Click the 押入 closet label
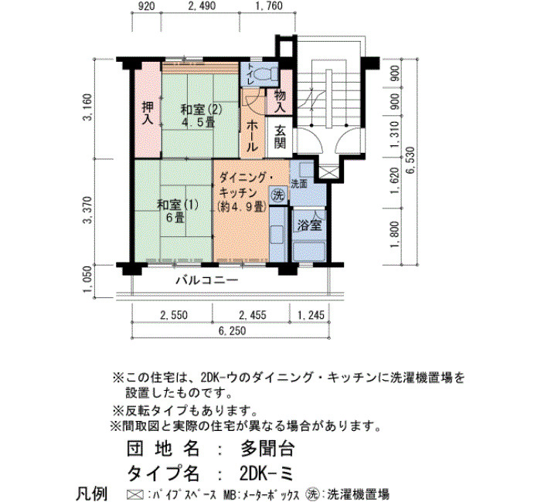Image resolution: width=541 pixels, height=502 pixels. (148, 112)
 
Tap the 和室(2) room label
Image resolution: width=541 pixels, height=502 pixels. (201, 110)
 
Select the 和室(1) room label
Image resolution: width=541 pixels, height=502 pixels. (177, 205)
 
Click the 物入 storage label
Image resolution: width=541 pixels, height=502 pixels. (280, 100)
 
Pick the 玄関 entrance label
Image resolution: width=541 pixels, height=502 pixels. (280, 137)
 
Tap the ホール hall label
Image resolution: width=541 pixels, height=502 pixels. (252, 137)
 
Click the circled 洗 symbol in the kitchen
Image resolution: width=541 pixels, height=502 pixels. (277, 195)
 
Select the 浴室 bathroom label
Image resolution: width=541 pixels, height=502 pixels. (309, 226)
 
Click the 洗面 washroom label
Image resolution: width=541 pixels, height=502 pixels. (299, 184)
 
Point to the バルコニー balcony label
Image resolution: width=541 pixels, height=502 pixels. (207, 280)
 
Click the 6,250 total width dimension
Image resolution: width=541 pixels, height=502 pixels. (232, 331)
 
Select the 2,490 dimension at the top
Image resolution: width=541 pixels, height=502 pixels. (202, 6)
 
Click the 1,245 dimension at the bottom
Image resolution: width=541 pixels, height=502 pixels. (311, 315)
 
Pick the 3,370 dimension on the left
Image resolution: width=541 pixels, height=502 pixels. (88, 210)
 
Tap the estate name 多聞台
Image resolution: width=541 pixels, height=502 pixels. (267, 449)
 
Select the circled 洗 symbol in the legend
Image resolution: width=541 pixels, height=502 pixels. (312, 494)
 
